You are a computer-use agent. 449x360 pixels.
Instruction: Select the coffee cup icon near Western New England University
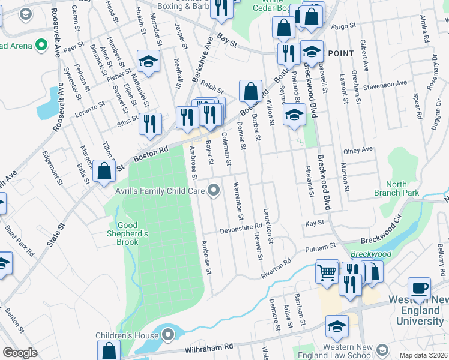[x=420, y=287]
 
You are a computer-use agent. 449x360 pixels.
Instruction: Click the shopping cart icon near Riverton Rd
[x=327, y=272]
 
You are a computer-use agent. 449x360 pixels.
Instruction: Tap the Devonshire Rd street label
[x=241, y=228]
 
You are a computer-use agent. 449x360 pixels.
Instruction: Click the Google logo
[x=20, y=353]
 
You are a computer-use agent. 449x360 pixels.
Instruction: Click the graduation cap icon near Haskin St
[x=148, y=61]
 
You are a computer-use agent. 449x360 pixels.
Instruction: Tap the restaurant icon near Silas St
[x=149, y=124]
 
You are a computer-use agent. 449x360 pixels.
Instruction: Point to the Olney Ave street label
[x=358, y=149]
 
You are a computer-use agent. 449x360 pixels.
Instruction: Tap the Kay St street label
[x=315, y=223]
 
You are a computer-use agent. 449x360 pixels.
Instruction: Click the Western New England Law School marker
[x=382, y=350]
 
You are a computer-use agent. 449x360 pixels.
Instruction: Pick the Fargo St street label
[x=344, y=26]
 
